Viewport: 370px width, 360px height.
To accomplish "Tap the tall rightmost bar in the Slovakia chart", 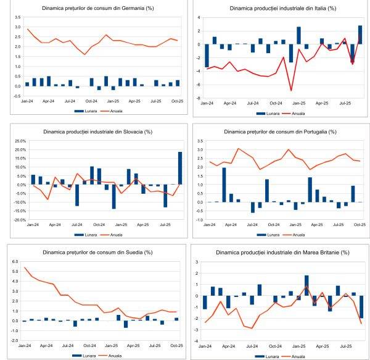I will (x=179, y=168).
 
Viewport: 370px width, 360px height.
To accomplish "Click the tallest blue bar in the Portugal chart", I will (x=224, y=185).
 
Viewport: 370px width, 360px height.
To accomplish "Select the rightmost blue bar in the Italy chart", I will (x=360, y=35).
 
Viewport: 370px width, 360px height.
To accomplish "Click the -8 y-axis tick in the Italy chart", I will (x=199, y=98).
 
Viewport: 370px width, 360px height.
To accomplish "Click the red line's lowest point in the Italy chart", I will (x=290, y=91).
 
